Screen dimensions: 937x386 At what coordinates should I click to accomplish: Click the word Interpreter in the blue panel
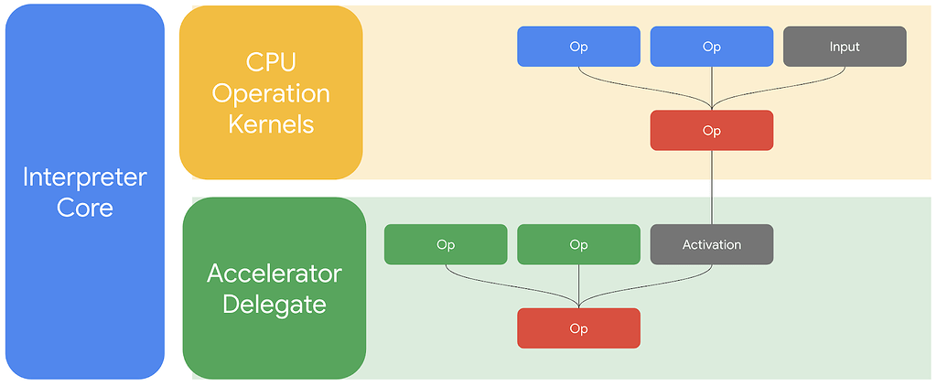[x=84, y=177]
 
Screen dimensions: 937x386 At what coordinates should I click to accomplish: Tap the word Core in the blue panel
[x=84, y=208]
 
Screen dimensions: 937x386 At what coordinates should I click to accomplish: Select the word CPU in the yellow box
[x=271, y=62]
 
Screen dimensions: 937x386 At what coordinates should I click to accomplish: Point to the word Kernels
[x=271, y=124]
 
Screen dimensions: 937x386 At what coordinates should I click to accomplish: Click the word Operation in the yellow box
[x=271, y=93]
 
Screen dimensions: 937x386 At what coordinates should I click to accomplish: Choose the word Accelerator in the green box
[x=275, y=274]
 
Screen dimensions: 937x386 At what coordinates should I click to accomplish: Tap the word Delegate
[x=275, y=306]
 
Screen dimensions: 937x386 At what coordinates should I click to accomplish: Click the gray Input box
[x=845, y=46]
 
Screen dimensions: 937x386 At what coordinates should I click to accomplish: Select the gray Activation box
[x=712, y=244]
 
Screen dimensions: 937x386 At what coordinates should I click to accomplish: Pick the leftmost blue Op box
[x=578, y=46]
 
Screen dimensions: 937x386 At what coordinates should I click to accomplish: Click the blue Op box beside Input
[x=712, y=46]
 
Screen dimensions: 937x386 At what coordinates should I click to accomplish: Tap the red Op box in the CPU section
[x=712, y=130]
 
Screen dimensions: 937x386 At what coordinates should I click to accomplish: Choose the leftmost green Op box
[x=446, y=244]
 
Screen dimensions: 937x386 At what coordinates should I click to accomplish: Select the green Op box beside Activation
[x=578, y=244]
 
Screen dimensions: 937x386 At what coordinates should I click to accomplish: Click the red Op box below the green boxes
[x=578, y=328]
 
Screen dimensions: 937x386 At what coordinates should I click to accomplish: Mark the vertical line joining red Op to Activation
[x=712, y=187]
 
